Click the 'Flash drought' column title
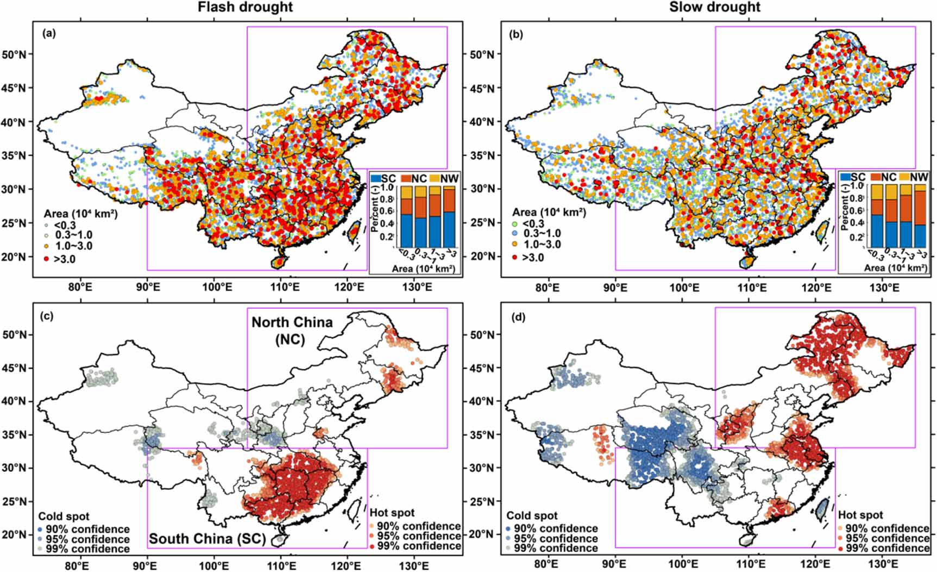pos(245,7)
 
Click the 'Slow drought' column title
pos(714,7)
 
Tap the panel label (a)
pos(49,34)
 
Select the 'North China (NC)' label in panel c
pos(292,330)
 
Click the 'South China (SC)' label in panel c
pos(207,539)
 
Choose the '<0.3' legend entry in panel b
pos(533,223)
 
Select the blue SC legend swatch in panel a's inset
pos(376,178)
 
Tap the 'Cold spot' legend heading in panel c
pos(64,517)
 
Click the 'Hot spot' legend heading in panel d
pos(860,515)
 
